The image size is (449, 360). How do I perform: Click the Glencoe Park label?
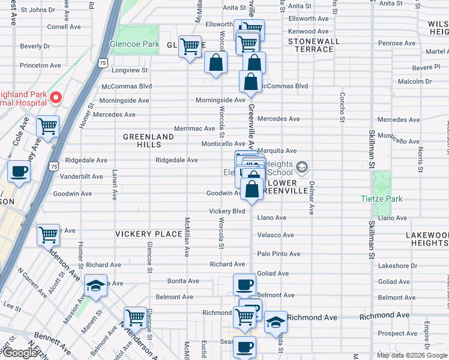[x=134, y=44]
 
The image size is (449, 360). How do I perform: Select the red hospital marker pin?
[x=56, y=97]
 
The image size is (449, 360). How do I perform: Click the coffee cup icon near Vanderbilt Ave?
[x=19, y=171]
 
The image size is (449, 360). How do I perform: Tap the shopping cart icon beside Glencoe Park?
[x=190, y=46]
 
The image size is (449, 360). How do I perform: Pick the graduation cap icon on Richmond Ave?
[x=276, y=321]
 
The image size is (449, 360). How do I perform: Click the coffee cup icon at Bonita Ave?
[x=244, y=284]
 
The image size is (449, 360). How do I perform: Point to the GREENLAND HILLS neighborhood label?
[x=148, y=141]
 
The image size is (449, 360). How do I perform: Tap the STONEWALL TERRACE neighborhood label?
[x=314, y=45]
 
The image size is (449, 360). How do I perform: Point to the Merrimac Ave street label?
[x=194, y=128]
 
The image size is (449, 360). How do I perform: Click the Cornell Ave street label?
[x=64, y=27]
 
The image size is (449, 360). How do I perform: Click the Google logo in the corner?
[x=20, y=353]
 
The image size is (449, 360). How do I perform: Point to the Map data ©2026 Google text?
[x=411, y=355]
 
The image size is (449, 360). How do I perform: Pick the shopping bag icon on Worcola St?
[x=216, y=62]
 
